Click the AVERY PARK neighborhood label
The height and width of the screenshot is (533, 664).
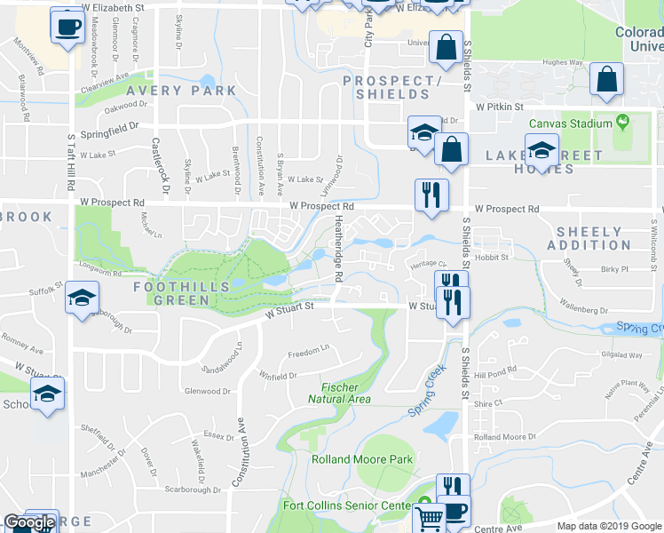181,91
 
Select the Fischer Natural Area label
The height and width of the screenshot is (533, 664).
340,394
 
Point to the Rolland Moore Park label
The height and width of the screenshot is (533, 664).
362,459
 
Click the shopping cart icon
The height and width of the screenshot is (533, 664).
430,516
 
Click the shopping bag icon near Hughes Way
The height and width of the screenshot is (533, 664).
608,78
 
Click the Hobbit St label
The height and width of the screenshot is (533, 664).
491,258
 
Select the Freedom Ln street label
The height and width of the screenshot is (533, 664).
309,348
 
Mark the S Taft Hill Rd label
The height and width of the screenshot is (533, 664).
70,164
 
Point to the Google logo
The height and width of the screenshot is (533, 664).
28,522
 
